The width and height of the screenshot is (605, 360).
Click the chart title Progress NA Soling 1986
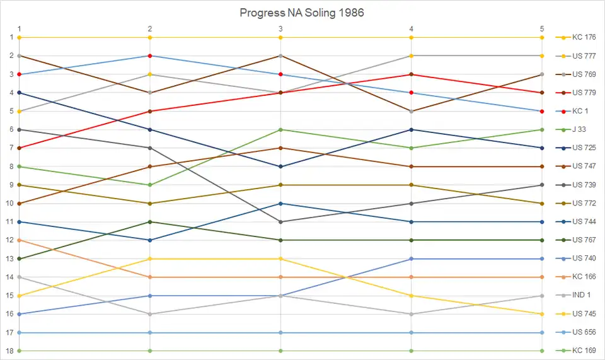[x=302, y=13]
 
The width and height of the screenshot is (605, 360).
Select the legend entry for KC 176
[x=584, y=37]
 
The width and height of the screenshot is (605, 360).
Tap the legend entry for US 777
[x=584, y=56]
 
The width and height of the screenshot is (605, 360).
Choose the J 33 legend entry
[x=581, y=130]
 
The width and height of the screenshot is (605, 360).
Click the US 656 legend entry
[x=584, y=332]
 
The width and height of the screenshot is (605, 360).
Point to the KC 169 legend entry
[x=584, y=351]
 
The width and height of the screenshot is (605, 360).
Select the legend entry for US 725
[x=584, y=148]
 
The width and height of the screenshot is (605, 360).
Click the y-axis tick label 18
[x=10, y=351]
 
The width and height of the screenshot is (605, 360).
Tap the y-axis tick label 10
[x=10, y=204]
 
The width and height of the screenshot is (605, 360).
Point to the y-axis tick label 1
[x=11, y=38]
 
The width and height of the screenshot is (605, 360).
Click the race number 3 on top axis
[x=280, y=28]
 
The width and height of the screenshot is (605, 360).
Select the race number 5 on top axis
[x=541, y=28]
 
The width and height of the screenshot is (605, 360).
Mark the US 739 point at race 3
[x=280, y=222]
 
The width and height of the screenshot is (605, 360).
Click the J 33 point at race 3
[x=280, y=130]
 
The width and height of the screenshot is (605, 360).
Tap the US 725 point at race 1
[x=20, y=93]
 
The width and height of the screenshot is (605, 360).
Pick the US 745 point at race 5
[x=542, y=314]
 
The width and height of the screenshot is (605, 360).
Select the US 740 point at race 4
[x=412, y=258]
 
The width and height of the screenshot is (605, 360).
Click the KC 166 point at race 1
[x=20, y=240]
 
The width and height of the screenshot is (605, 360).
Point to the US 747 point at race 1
[x=20, y=204]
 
